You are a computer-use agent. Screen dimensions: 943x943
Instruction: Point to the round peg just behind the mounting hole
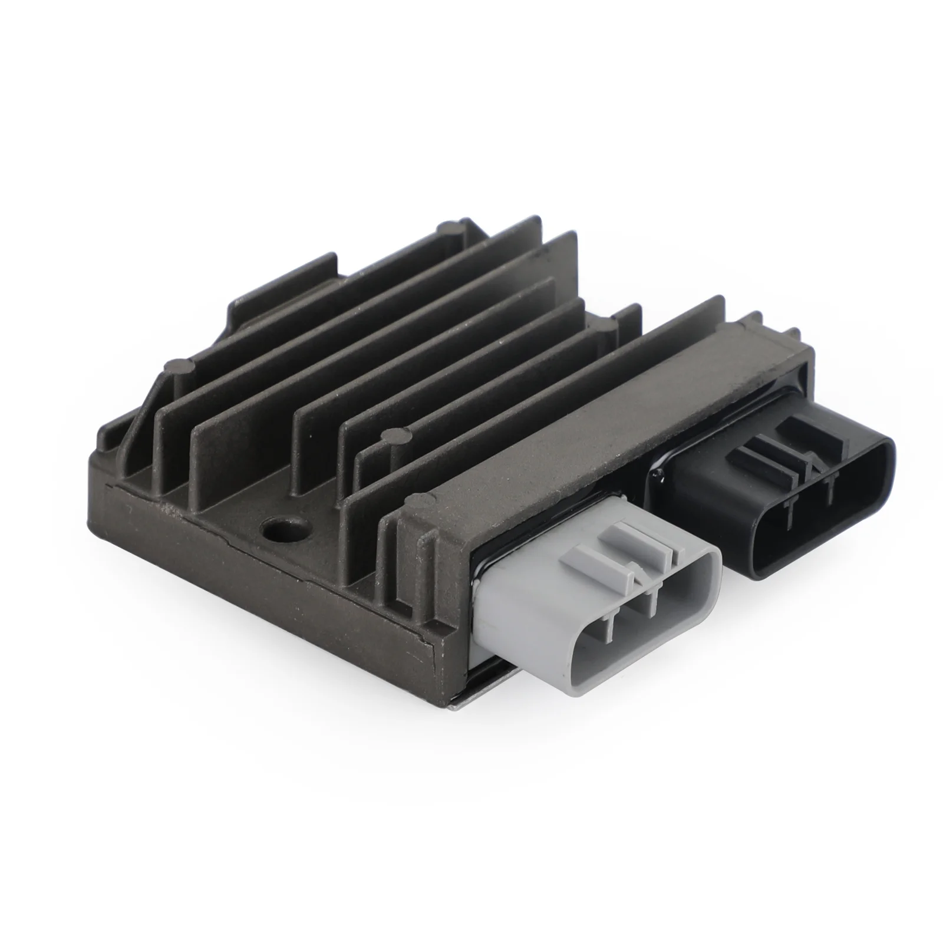pos(391,437)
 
